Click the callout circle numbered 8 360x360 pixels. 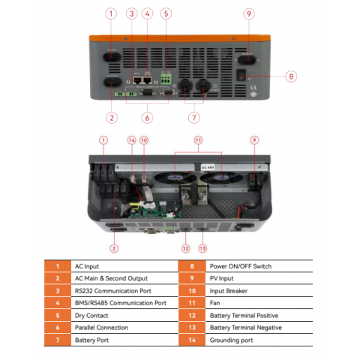[x=292, y=75]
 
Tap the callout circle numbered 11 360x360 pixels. [x=198, y=140]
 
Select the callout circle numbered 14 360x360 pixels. [x=132, y=140]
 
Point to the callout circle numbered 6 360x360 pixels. [x=148, y=117]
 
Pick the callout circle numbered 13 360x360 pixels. [x=202, y=247]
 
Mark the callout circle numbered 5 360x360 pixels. [x=166, y=13]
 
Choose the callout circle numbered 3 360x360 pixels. [x=131, y=13]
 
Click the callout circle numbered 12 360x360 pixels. [x=184, y=247]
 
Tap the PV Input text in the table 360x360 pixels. [x=223, y=278]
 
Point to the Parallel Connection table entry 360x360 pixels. [x=101, y=328]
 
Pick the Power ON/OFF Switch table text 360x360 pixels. [x=241, y=266]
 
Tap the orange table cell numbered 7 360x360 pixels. [x=57, y=340]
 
